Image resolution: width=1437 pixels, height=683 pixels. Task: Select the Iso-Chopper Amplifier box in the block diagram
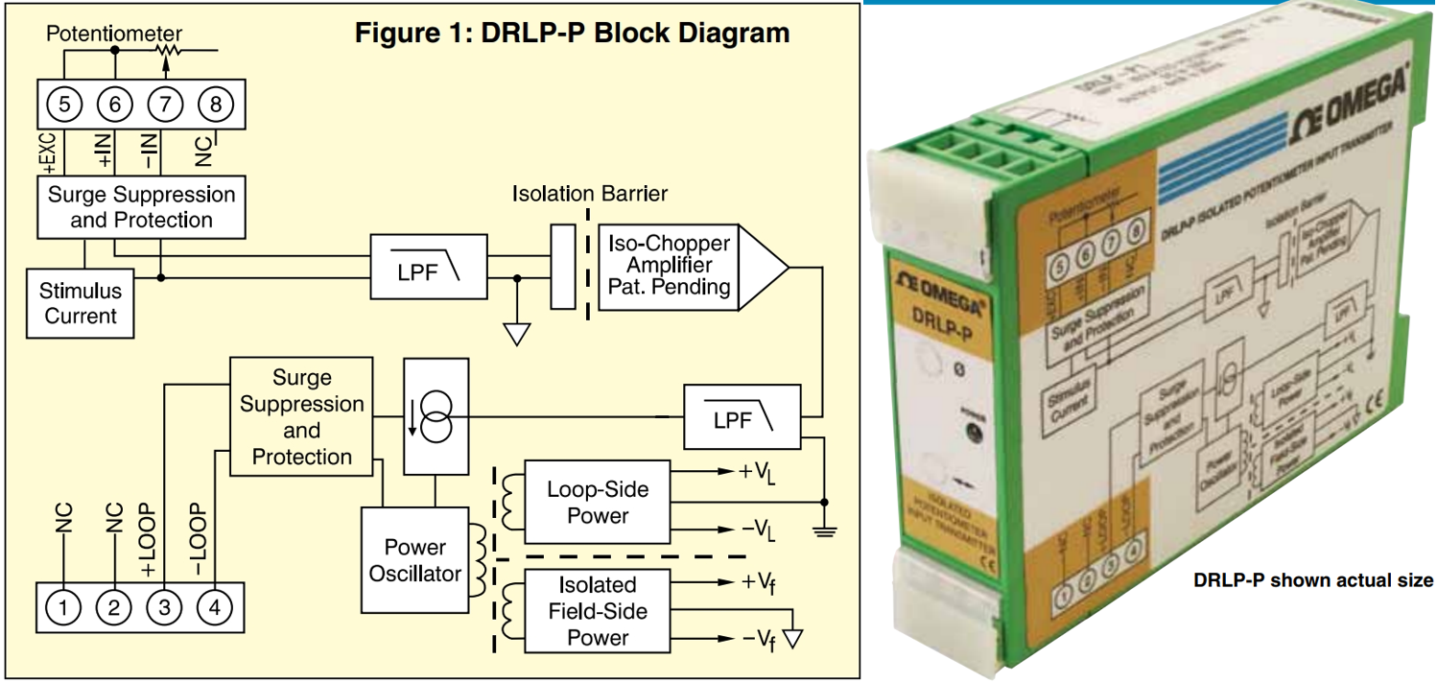tap(668, 266)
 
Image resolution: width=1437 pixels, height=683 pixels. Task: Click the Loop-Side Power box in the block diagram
tap(598, 503)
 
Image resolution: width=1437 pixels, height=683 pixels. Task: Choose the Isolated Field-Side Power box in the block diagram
tap(598, 611)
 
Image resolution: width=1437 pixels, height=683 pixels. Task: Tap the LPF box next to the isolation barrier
tap(429, 271)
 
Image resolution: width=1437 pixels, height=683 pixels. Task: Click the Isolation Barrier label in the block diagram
tap(589, 194)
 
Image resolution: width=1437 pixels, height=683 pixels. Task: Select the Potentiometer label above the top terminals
tap(115, 34)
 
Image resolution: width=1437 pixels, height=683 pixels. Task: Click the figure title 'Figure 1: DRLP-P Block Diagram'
tap(572, 33)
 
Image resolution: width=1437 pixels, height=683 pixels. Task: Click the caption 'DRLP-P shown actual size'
tap(1312, 580)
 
